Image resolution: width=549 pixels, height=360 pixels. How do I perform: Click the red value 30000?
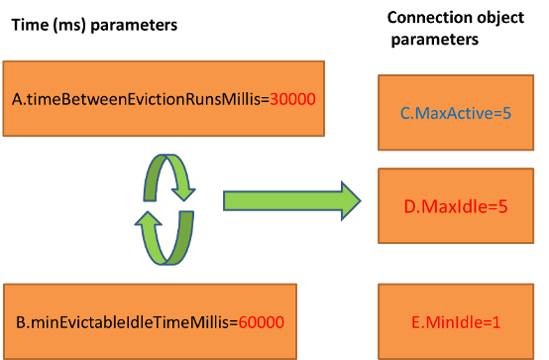(292, 101)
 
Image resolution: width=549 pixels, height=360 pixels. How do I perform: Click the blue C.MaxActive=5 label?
(456, 114)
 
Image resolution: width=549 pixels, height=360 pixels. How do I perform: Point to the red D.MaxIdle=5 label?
(455, 209)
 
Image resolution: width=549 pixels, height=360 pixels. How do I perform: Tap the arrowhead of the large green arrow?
(348, 200)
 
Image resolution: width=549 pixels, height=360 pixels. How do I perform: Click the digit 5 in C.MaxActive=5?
(506, 114)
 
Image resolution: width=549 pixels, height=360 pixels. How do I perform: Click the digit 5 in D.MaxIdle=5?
(503, 209)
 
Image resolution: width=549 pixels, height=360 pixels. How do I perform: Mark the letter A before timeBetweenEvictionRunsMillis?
(18, 101)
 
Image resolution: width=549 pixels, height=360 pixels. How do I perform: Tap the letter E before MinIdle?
(414, 323)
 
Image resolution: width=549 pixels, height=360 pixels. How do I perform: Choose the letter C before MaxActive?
(405, 114)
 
